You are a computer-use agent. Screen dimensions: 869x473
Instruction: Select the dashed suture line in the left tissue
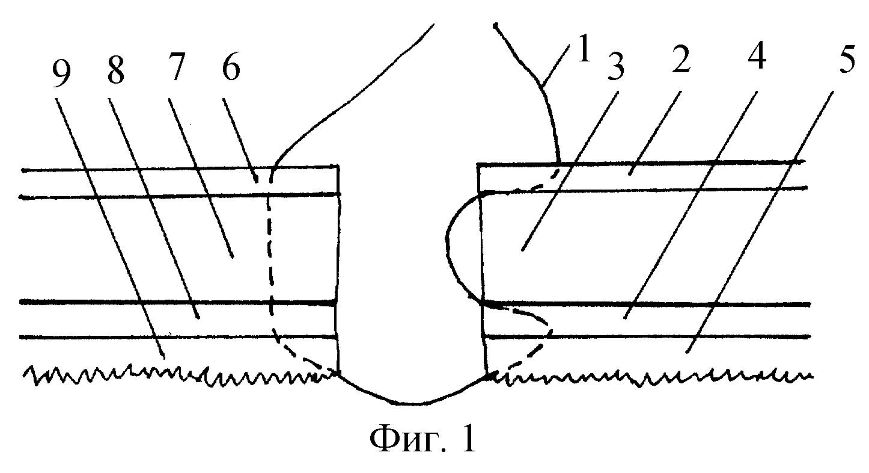click(269, 253)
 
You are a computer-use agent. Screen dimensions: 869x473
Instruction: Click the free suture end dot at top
click(496, 26)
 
